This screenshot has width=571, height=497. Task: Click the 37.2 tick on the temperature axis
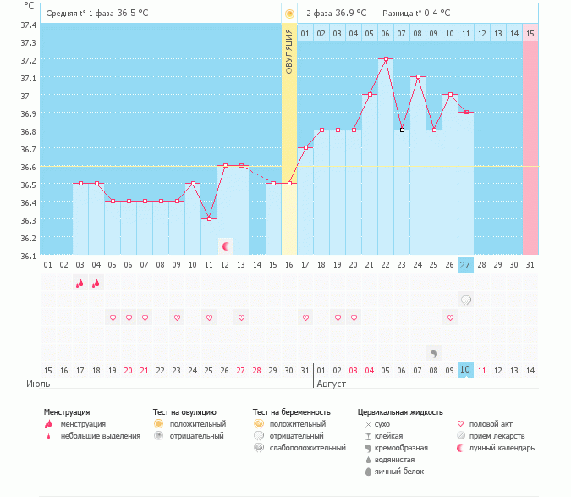(28, 60)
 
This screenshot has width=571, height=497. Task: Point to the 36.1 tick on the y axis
(28, 256)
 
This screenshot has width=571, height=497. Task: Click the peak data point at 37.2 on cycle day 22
(386, 59)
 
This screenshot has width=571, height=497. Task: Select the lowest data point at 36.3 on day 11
(209, 218)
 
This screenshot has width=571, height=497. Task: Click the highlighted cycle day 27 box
(466, 265)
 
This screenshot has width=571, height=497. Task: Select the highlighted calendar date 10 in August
(466, 370)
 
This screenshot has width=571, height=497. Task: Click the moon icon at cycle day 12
(226, 246)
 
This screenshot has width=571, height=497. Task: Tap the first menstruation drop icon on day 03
(80, 284)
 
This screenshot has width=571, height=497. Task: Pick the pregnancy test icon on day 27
(466, 300)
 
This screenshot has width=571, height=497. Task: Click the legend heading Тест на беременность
(291, 412)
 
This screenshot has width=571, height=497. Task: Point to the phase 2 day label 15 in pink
(530, 33)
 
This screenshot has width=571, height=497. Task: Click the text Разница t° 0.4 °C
(416, 14)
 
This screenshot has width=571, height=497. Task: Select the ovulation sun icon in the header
(289, 14)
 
